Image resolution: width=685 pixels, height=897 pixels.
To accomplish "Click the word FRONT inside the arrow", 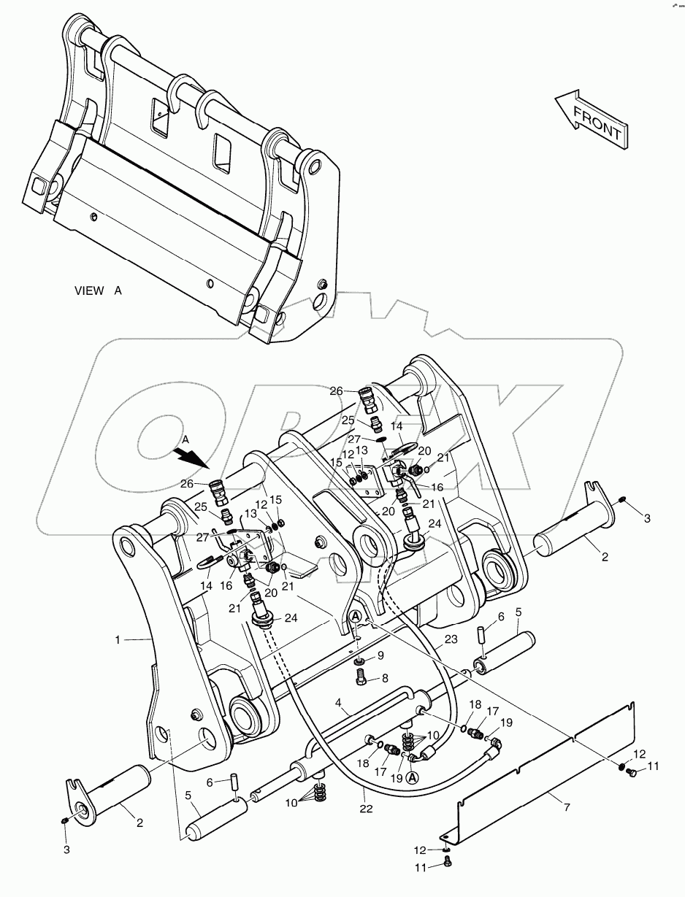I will [x=597, y=123].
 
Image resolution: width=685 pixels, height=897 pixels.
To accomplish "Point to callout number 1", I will [x=118, y=639].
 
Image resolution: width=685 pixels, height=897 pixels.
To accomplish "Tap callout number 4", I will [x=339, y=704].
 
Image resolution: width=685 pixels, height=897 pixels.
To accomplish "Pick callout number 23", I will [x=450, y=639].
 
